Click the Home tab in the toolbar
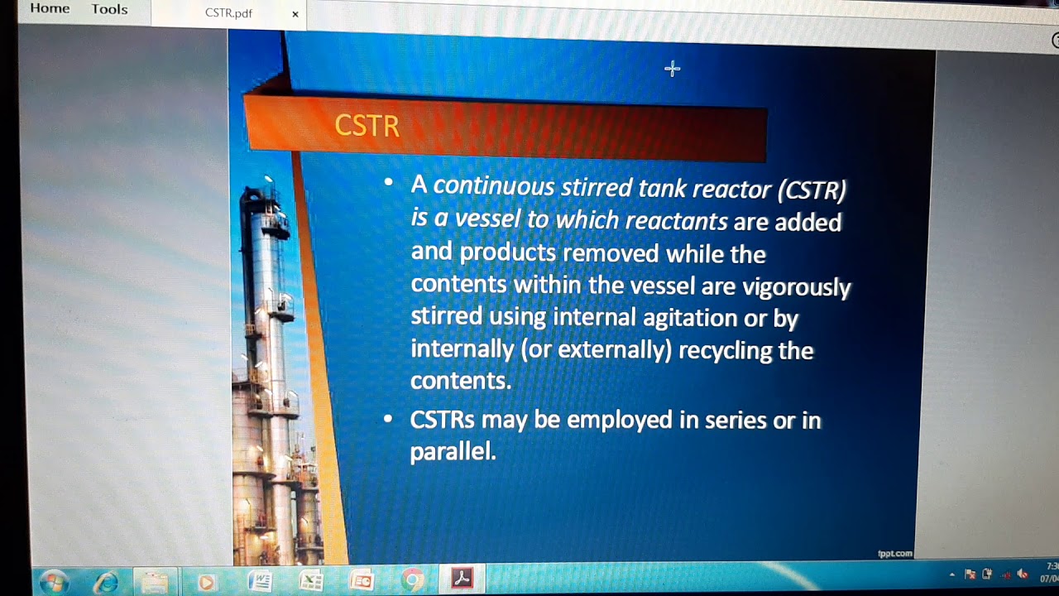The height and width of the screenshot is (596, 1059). [x=50, y=9]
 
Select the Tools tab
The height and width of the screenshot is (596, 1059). [x=109, y=10]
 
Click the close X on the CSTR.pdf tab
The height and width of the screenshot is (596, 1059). [x=295, y=14]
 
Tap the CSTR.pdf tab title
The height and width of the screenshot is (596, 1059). [x=228, y=13]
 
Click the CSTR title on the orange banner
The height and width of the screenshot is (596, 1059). [x=367, y=126]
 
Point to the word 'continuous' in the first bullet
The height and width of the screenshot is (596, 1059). [x=494, y=185]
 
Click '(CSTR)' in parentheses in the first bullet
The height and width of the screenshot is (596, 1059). [x=812, y=190]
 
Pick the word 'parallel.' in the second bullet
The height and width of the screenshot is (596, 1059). [x=453, y=451]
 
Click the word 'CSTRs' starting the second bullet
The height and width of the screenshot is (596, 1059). [x=442, y=420]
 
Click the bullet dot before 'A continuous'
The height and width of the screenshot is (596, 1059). [x=388, y=182]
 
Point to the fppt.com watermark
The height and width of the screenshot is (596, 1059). [x=894, y=553]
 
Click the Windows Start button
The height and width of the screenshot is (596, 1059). [x=54, y=581]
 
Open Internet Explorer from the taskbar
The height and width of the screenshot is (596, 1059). [x=106, y=582]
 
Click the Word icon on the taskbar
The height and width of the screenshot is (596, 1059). [x=260, y=581]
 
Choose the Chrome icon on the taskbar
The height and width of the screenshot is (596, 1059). [x=412, y=581]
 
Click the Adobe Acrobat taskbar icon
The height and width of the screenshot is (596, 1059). [x=462, y=579]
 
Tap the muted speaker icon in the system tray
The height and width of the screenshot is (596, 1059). [x=1023, y=574]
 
